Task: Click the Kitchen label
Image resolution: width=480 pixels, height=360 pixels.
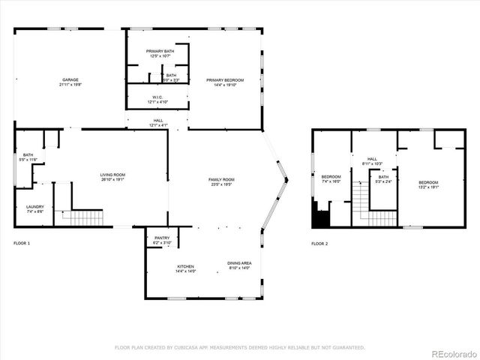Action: pos(186,268)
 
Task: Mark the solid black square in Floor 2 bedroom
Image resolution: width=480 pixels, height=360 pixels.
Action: pos(320,218)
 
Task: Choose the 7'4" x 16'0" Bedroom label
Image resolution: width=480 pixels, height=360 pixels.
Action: pos(331,179)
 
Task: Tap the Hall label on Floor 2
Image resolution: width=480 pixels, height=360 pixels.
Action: pos(372,161)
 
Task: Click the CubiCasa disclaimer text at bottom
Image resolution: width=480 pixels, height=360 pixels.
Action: pos(239,347)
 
